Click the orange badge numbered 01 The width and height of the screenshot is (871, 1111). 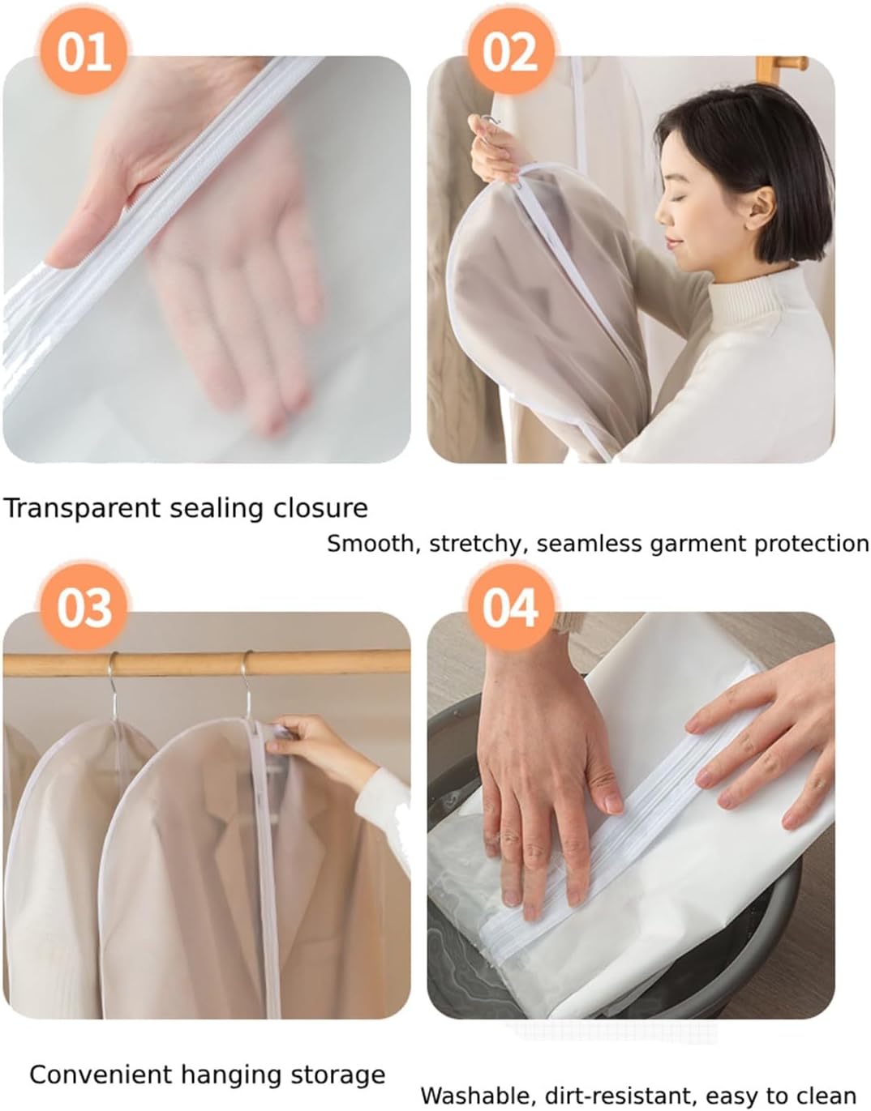84,52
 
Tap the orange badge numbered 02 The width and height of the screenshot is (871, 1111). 510,52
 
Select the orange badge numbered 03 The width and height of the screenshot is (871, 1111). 84,608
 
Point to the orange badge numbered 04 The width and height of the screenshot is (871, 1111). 510,608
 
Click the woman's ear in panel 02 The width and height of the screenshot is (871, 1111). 761,209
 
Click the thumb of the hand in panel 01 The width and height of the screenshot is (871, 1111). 87,233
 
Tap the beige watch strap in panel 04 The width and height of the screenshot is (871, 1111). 566,622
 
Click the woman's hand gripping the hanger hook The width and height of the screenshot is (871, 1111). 494,148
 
